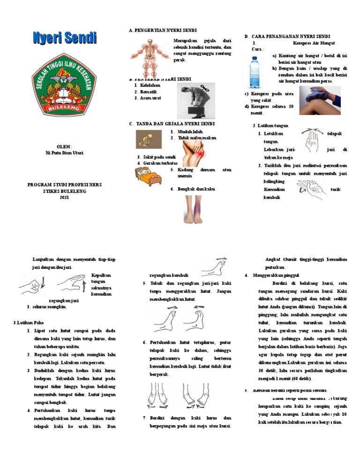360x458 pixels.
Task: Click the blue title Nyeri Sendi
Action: [x=65, y=38]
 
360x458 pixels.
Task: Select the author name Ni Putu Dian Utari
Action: [x=64, y=153]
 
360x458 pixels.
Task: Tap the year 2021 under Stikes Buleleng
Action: [x=64, y=198]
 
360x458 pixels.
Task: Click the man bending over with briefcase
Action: [x=196, y=100]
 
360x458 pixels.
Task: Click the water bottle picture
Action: [x=255, y=71]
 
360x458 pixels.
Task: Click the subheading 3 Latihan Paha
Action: [x=27, y=322]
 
